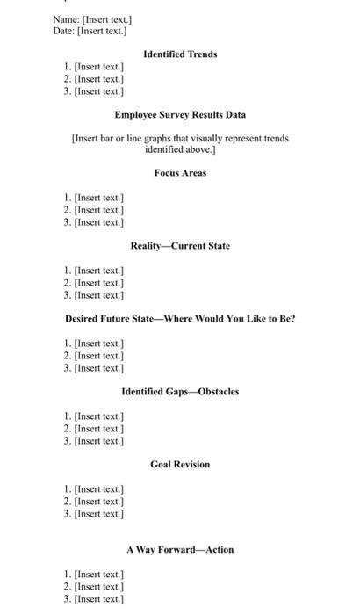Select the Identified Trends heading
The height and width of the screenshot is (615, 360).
[180, 54]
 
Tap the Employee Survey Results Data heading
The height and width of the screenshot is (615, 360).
[180, 114]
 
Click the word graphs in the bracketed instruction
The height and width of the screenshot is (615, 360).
[158, 138]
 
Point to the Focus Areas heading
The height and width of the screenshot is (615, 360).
[180, 173]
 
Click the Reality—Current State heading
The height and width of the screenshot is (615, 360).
[180, 246]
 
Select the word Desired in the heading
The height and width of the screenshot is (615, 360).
[85, 318]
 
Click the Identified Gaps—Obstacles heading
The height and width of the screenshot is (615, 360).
[180, 391]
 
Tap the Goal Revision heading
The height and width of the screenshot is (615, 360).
[180, 464]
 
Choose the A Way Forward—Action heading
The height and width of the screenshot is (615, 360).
[180, 549]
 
